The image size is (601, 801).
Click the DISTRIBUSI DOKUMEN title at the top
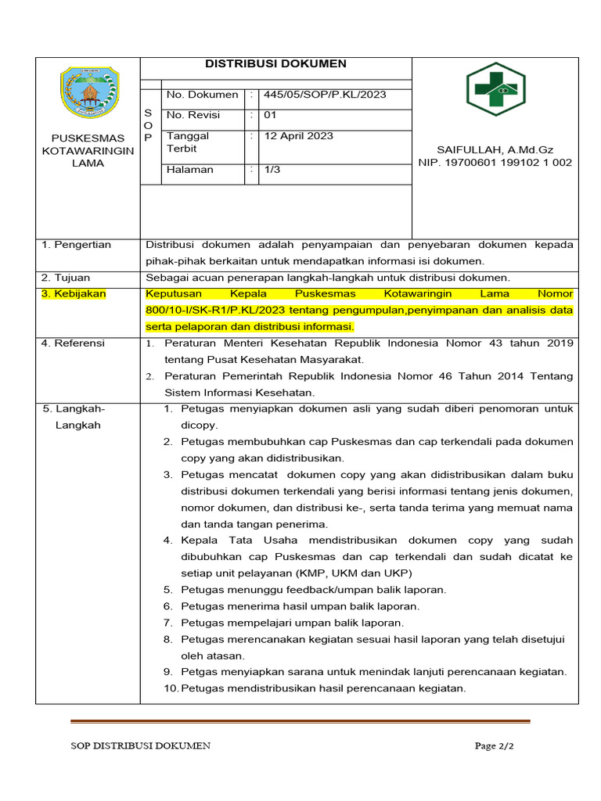click(x=275, y=64)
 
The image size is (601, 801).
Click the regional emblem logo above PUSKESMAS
click(x=89, y=93)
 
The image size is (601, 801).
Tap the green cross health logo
click(x=495, y=89)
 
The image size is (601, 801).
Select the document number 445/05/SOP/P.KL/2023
click(x=325, y=95)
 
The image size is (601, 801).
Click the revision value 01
click(x=271, y=115)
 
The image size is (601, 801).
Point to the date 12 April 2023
click(x=299, y=136)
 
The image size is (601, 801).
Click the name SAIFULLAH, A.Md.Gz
click(x=495, y=149)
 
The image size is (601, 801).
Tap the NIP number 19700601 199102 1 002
click(x=495, y=163)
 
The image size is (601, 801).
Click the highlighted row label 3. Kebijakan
click(x=74, y=294)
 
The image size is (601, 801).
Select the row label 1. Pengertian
click(x=77, y=245)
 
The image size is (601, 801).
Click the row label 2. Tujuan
click(x=66, y=278)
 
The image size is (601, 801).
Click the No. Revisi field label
click(x=193, y=115)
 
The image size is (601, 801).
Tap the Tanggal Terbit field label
click(x=188, y=142)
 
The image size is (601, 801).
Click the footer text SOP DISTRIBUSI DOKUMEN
click(x=140, y=746)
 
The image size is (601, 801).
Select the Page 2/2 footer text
click(x=495, y=746)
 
